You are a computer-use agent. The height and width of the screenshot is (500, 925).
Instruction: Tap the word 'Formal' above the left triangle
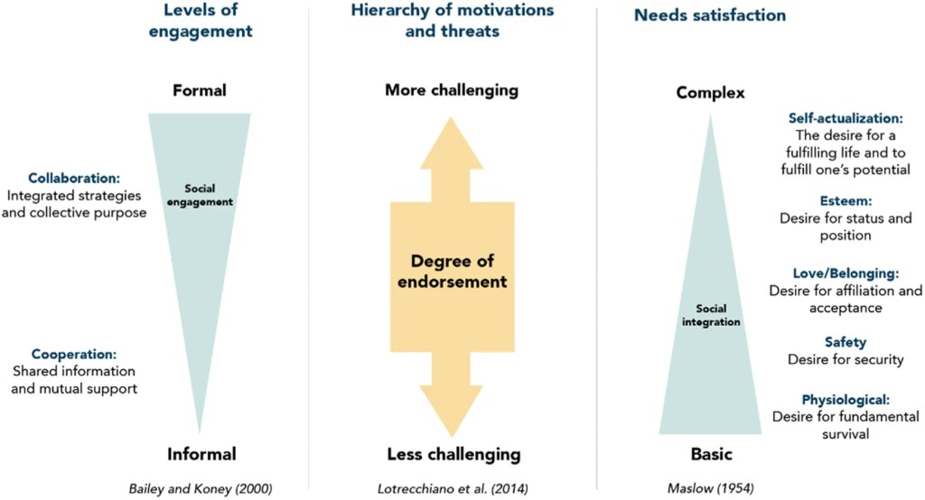coord(200,90)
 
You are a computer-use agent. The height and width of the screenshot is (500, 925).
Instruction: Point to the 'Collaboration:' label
coord(74,179)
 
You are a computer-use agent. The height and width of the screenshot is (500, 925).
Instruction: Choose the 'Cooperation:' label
coord(74,355)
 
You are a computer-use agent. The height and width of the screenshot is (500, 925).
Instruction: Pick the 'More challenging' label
coord(452,90)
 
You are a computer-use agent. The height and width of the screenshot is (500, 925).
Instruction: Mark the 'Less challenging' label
coord(452,454)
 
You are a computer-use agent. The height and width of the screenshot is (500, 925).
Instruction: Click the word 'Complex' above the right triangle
coord(711,93)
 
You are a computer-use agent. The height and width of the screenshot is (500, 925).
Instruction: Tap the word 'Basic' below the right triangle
coord(711,454)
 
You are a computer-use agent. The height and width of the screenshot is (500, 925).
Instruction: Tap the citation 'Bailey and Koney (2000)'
coord(201,488)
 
